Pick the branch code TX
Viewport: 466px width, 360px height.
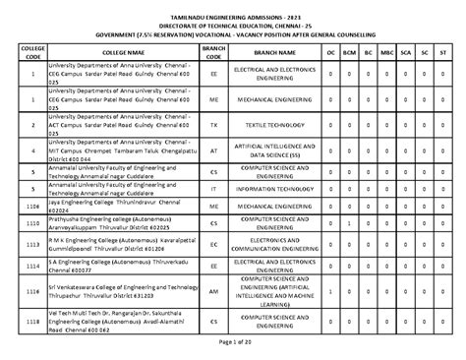(x=214, y=126)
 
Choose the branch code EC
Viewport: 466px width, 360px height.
(x=214, y=243)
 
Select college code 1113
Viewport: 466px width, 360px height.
(x=32, y=243)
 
